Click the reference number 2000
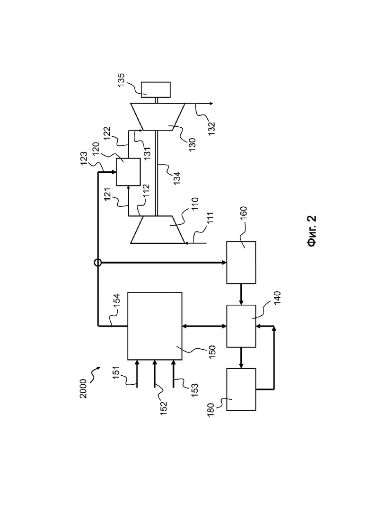point(84,389)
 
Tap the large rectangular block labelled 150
point(155,326)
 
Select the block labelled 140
point(241,326)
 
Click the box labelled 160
point(241,262)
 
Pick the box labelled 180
point(241,389)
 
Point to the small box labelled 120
point(128,172)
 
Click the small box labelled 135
point(156,89)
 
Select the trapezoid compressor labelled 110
point(158,230)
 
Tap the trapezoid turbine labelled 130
point(158,117)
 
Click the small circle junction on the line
point(98,263)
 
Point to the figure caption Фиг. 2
point(312,231)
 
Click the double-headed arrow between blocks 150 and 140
point(204,326)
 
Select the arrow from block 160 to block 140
point(241,294)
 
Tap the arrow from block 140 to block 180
point(241,358)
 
